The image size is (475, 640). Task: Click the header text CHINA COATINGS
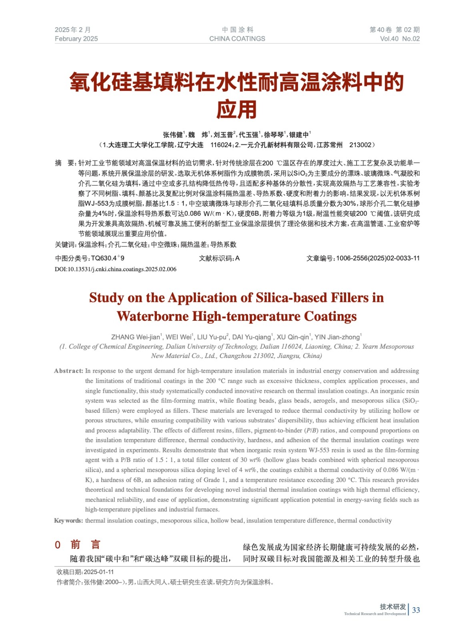coord(237,39)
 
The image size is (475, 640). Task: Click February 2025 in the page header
coord(76,39)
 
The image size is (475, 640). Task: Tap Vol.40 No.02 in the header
coord(399,39)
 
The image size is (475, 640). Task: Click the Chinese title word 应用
coord(236,109)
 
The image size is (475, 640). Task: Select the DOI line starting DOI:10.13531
coord(115,269)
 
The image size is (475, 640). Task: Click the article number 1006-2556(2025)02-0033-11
coord(378,258)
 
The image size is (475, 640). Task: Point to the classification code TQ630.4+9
coord(108,258)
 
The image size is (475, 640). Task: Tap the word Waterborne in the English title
coord(153,316)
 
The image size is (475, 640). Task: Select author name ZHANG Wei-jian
coord(135,337)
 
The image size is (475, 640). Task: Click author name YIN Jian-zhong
coord(337,337)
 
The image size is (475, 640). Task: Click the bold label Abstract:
coord(68,371)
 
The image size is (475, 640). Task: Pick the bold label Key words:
coord(68,520)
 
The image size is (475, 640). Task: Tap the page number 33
coord(416,610)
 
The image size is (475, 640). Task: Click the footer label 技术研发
coord(393,607)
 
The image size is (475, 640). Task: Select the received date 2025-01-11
coord(99,572)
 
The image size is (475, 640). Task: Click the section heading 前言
coord(85,545)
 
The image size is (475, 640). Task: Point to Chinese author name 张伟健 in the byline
coord(172,135)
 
